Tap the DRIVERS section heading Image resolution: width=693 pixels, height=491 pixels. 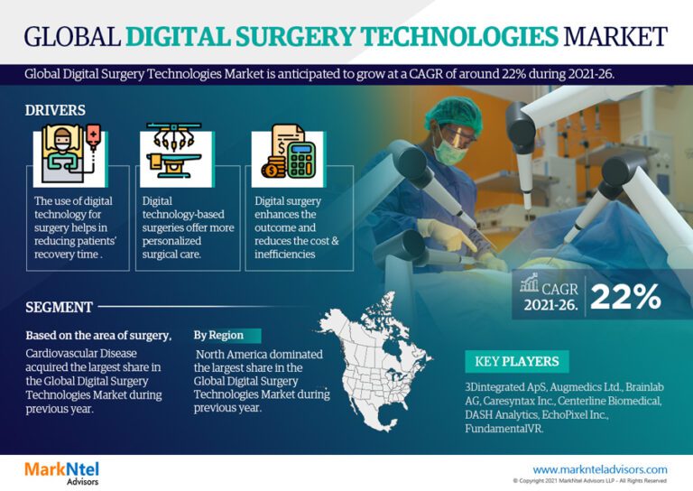click(56, 110)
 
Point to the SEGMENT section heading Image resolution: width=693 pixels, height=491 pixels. click(60, 307)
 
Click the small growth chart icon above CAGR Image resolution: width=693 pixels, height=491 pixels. click(531, 283)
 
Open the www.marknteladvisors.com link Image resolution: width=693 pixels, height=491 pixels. click(600, 469)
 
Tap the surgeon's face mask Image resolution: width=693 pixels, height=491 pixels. click(450, 151)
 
